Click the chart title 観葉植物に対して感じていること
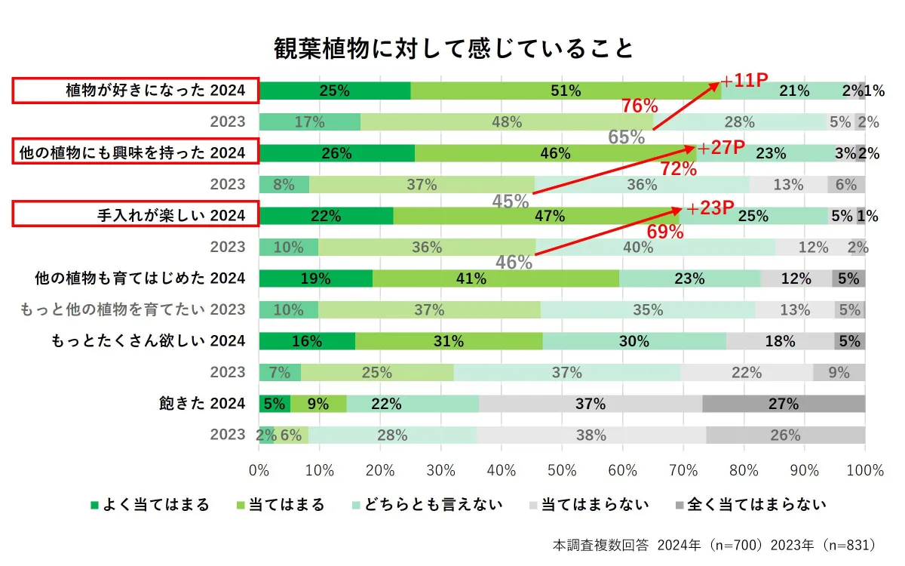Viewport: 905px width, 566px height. click(x=453, y=48)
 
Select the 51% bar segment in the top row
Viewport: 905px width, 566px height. click(x=566, y=91)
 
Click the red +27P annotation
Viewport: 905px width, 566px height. click(x=721, y=148)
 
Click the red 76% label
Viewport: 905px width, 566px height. click(x=640, y=106)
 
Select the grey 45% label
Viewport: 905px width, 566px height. click(x=511, y=201)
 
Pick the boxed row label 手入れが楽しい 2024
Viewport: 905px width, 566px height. click(x=136, y=216)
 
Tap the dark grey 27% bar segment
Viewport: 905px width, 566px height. click(x=784, y=404)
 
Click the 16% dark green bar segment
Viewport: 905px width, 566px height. click(x=307, y=341)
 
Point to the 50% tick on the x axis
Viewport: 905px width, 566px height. click(x=562, y=470)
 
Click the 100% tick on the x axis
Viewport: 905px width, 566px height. click(x=864, y=470)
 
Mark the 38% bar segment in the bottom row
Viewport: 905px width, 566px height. click(x=591, y=435)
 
